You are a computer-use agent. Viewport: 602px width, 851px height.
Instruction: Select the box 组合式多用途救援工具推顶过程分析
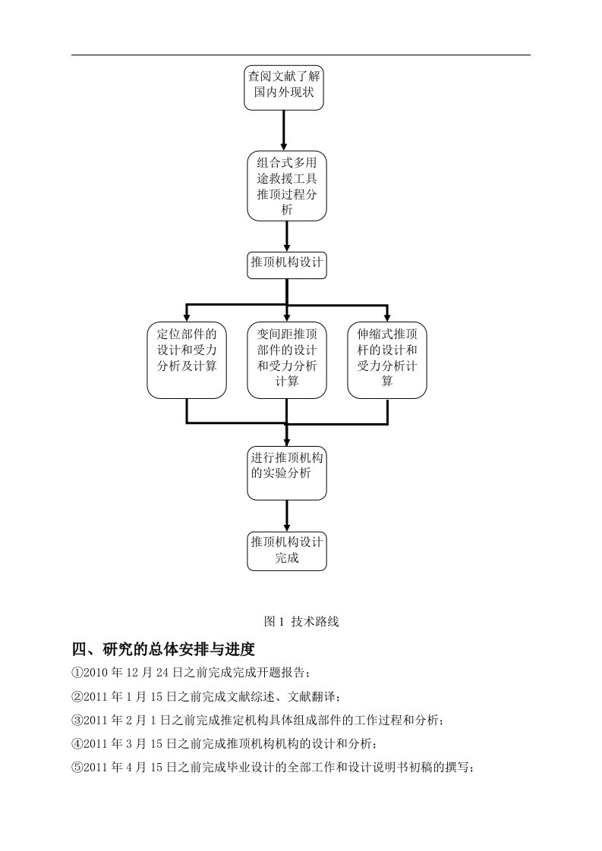tap(286, 186)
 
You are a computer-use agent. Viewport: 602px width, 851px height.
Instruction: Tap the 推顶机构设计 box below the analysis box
tap(286, 263)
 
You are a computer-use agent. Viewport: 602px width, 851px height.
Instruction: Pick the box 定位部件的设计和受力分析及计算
tap(187, 360)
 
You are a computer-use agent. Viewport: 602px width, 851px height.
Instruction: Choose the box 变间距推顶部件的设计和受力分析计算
tap(286, 360)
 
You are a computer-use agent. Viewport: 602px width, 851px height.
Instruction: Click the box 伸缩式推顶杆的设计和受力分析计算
tap(387, 360)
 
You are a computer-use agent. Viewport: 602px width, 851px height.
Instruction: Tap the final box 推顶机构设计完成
tap(286, 551)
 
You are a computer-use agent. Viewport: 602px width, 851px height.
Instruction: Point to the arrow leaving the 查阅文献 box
tap(285, 129)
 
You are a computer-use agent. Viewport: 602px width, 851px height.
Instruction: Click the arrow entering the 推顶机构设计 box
tap(286, 237)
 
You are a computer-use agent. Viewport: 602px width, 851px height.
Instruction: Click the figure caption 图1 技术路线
tap(301, 621)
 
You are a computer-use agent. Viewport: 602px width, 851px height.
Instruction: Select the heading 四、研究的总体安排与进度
tap(162, 649)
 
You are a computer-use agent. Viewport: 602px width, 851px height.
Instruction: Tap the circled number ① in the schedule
tap(77, 672)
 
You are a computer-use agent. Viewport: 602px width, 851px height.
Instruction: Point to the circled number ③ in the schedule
tap(77, 720)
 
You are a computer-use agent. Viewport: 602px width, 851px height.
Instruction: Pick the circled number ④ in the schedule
tap(77, 743)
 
